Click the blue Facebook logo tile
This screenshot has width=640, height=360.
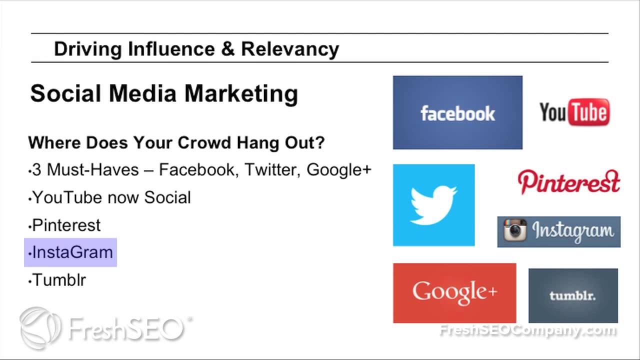point(457,112)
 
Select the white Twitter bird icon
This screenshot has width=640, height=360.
point(433,204)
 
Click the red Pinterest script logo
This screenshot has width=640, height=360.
point(568,181)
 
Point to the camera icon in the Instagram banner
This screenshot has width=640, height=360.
point(515,231)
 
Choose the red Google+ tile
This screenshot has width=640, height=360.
point(454,292)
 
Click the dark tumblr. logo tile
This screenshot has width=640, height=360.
point(573,295)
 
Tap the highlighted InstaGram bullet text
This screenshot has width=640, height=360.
point(72,252)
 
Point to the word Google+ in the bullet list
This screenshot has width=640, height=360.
point(339,170)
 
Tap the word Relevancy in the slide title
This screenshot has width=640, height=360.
point(290,49)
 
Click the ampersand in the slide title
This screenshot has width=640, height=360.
point(224,49)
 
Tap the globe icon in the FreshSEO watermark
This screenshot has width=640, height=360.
point(40,328)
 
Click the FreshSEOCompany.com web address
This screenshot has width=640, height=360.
point(527,330)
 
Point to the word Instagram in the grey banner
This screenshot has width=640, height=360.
point(572,231)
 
